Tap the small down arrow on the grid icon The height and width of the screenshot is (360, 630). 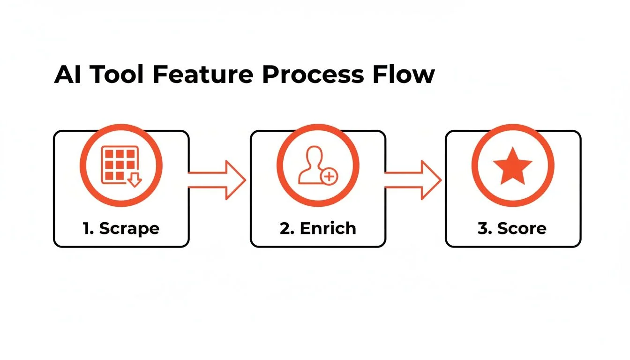click(135, 180)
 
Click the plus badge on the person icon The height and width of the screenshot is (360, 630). click(330, 176)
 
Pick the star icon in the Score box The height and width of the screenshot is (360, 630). click(512, 165)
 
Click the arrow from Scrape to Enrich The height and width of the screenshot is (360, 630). click(217, 180)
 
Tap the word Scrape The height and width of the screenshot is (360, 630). click(129, 229)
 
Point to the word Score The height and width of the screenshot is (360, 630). click(522, 228)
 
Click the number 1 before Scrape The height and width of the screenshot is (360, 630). click(87, 228)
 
